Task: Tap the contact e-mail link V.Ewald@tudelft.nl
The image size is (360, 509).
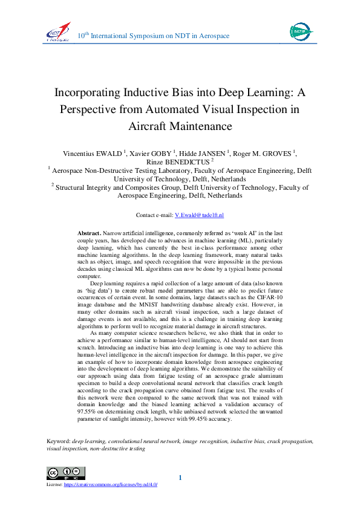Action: tap(198, 215)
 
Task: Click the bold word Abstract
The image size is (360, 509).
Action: tap(89, 233)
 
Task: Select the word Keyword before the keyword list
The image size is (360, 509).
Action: tap(58, 441)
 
